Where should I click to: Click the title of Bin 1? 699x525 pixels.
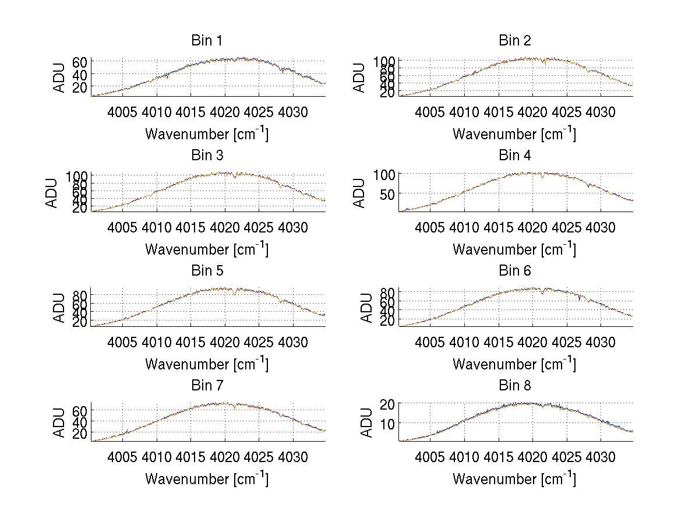pyautogui.click(x=207, y=40)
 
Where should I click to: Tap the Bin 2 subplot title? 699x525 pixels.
pyautogui.click(x=514, y=40)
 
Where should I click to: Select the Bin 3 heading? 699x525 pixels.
pyautogui.click(x=207, y=156)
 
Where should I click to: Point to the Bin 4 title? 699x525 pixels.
pyautogui.click(x=514, y=156)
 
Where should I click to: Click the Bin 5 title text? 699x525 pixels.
pyautogui.click(x=207, y=270)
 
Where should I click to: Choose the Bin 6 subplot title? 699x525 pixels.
pyautogui.click(x=514, y=270)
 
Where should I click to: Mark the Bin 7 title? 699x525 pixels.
pyautogui.click(x=207, y=385)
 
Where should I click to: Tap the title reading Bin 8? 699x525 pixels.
pyautogui.click(x=514, y=385)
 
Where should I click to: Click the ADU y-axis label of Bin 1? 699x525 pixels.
pyautogui.click(x=59, y=77)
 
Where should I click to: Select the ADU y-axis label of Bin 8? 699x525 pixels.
pyautogui.click(x=367, y=422)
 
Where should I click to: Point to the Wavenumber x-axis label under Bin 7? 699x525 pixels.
pyautogui.click(x=207, y=478)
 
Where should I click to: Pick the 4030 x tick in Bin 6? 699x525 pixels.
pyautogui.click(x=600, y=341)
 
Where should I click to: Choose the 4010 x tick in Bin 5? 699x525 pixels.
pyautogui.click(x=157, y=341)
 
